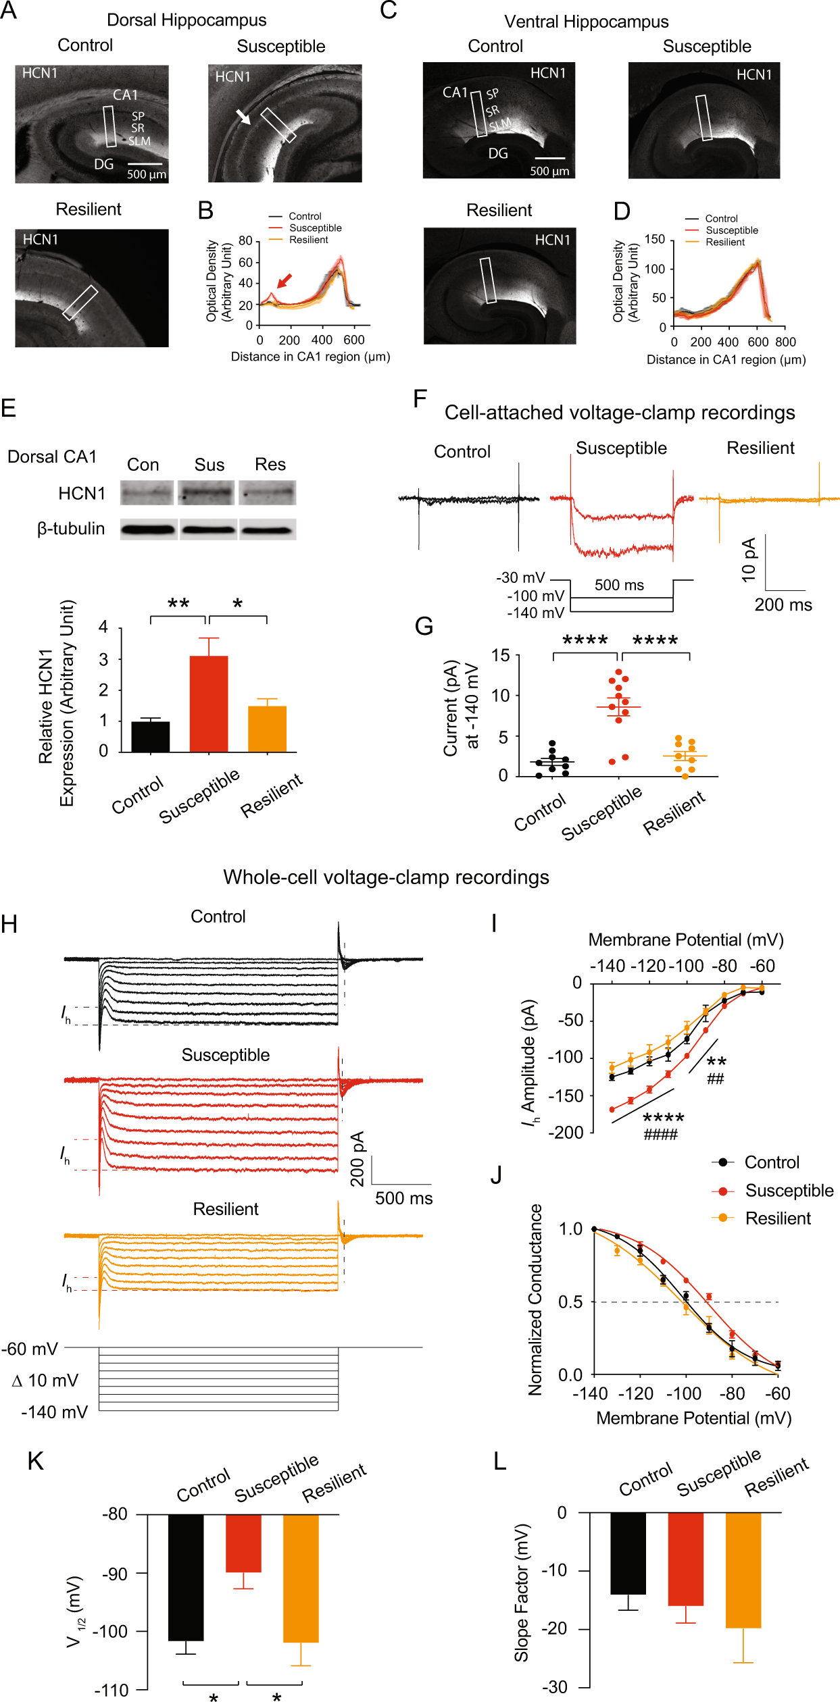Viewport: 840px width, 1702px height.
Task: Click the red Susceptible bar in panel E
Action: click(208, 703)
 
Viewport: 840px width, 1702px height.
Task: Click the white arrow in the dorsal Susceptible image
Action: click(243, 117)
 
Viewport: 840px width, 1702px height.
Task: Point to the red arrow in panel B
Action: click(285, 280)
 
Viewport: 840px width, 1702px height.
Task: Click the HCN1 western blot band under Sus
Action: click(207, 493)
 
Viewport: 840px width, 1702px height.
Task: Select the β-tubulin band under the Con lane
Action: click(148, 530)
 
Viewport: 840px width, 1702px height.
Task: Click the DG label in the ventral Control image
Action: click(498, 154)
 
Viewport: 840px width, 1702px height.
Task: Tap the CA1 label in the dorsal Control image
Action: click(125, 95)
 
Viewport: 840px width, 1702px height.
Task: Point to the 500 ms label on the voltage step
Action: click(619, 585)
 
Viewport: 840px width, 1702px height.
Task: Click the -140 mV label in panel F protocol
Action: click(535, 613)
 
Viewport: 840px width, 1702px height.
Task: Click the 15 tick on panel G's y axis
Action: click(501, 655)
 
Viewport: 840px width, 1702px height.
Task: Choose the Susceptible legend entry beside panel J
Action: click(789, 1191)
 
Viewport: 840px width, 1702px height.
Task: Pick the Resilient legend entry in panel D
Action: click(724, 242)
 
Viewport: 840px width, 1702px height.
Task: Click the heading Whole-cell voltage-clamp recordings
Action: click(386, 877)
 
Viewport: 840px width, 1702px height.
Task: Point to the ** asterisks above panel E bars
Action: click(178, 604)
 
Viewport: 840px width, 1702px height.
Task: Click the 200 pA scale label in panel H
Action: click(357, 1158)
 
